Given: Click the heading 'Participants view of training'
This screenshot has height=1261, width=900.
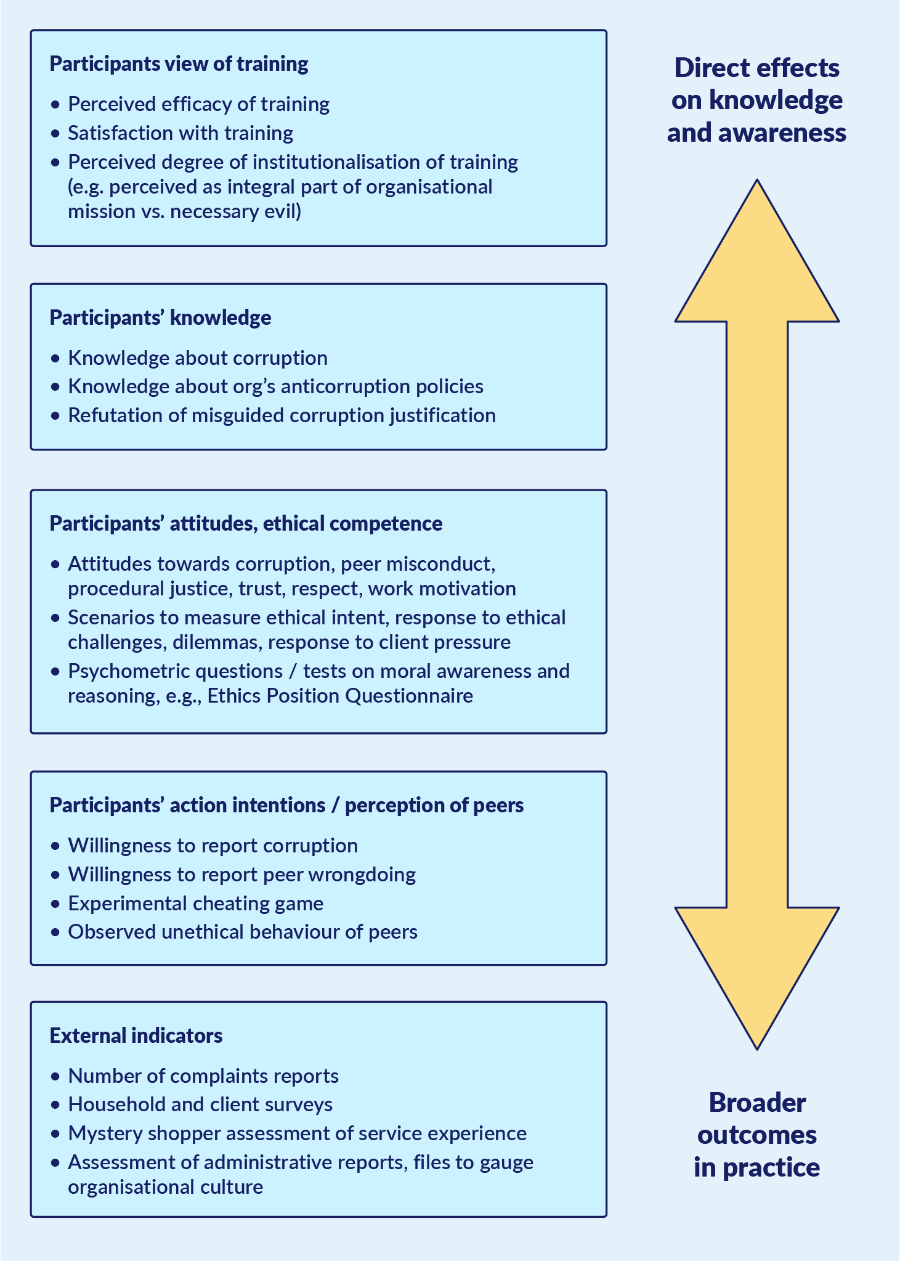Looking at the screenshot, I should [179, 64].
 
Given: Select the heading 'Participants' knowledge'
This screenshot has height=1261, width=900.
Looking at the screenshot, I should [160, 317].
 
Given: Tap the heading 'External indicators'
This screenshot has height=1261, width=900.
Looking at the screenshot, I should [136, 1035].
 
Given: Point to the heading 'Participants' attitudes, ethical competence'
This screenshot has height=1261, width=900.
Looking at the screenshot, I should [246, 523].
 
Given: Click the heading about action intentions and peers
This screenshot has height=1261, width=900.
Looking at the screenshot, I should [286, 805].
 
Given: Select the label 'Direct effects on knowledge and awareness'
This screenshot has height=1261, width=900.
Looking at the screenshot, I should [756, 100].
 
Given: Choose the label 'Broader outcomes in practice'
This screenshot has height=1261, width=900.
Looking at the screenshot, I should [756, 1135].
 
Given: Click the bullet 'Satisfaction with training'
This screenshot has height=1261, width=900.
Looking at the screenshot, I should [180, 133].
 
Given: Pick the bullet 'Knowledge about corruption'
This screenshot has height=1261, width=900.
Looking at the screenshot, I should [197, 358].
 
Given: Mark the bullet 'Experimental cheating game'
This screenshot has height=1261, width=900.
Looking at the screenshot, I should [195, 903].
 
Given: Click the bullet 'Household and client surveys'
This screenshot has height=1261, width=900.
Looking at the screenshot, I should [200, 1104].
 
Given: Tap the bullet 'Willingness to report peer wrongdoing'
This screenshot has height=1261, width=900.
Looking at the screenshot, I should [241, 874].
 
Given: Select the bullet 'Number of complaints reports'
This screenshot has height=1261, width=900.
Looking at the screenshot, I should [203, 1075].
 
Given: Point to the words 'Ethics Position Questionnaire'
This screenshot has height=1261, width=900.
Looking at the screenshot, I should [340, 696].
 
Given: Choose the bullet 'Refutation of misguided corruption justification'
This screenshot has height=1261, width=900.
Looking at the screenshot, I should [282, 415].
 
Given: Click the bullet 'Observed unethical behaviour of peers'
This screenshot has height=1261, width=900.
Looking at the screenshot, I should [243, 931].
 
